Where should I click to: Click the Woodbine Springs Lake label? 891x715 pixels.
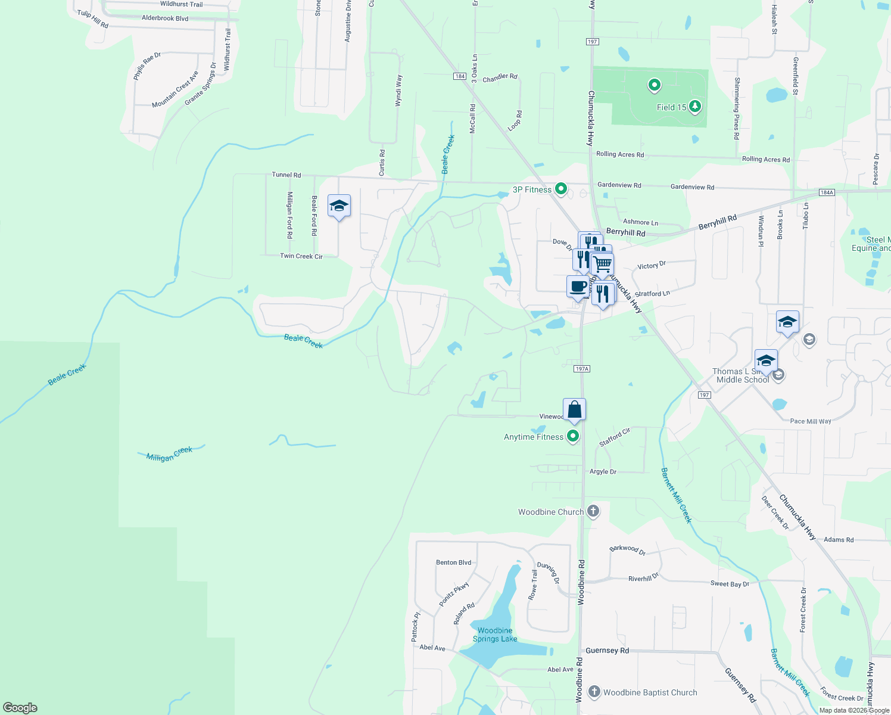tap(495, 635)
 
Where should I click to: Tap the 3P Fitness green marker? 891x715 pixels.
tap(560, 189)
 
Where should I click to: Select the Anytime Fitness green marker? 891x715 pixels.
tap(573, 436)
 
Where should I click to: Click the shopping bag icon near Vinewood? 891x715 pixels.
tap(574, 409)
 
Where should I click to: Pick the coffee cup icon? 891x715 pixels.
tap(577, 287)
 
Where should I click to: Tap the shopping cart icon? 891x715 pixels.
tap(603, 263)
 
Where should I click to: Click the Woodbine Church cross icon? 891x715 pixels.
tap(593, 511)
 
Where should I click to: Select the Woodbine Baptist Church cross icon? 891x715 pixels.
tap(594, 692)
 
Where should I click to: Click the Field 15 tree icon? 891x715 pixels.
tap(694, 107)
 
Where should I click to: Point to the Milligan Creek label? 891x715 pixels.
tap(170, 454)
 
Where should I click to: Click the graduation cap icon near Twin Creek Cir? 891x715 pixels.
tap(339, 206)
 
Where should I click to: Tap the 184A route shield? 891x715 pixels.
tap(827, 192)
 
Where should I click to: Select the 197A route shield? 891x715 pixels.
tap(582, 369)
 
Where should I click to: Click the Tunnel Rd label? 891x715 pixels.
tap(286, 175)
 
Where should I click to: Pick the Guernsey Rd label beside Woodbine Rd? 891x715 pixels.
tap(607, 651)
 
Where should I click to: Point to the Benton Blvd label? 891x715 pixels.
tap(453, 562)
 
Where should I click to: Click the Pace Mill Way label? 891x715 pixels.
tap(810, 421)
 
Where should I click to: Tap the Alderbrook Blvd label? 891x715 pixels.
tap(165, 18)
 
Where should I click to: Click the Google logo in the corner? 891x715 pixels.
tap(20, 707)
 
